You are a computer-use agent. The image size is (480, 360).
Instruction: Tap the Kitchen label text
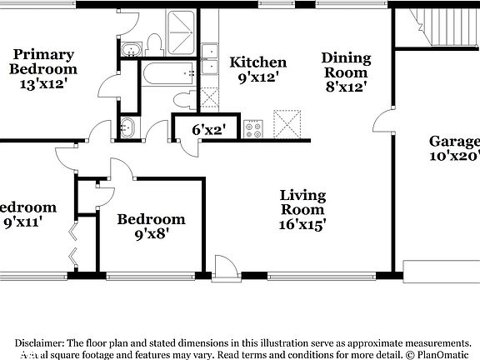257,69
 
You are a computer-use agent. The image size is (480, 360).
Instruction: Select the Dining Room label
345,71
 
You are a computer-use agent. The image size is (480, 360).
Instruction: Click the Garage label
455,148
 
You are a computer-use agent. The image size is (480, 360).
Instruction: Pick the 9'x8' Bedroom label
150,227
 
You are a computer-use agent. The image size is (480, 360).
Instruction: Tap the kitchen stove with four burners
252,129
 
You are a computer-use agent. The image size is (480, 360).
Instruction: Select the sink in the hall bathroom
127,128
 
